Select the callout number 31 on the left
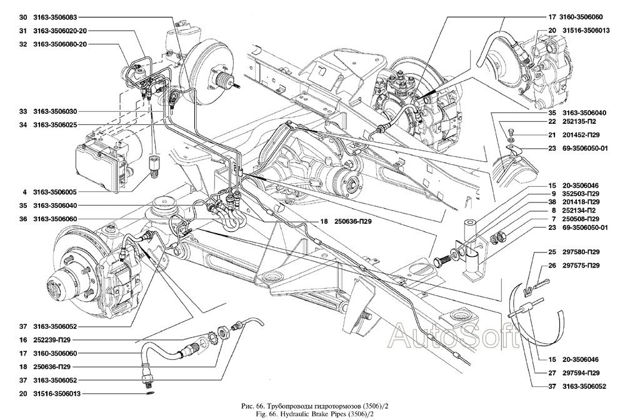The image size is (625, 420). point(22,31)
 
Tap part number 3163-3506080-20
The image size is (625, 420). point(61,44)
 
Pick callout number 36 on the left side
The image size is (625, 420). point(22,219)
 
